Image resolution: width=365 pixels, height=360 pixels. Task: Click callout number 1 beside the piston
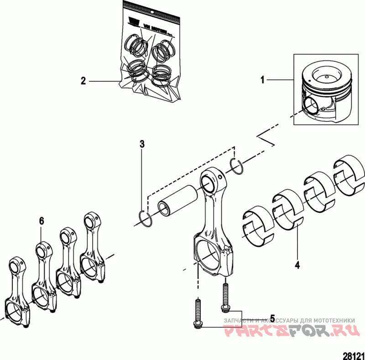point(262,80)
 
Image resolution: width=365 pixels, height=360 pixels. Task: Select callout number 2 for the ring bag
point(83,81)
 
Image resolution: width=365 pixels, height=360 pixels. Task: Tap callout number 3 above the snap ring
point(142,145)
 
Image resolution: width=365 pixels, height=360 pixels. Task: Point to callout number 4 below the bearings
point(297,264)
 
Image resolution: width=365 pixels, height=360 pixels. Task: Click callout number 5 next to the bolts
point(272,318)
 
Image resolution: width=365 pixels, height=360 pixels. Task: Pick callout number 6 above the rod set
point(42,221)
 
